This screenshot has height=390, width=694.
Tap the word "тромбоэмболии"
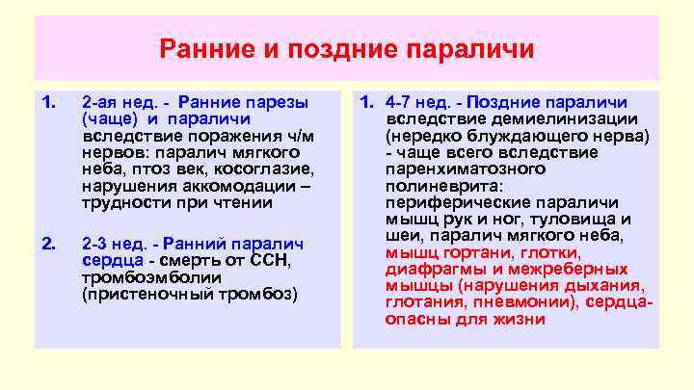(x=142, y=276)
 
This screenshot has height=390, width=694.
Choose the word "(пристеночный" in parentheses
(x=138, y=293)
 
